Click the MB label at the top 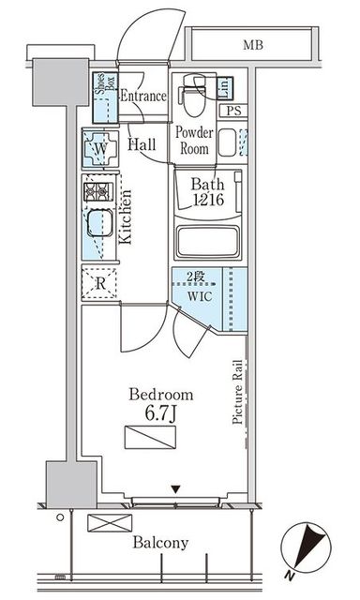(x=253, y=45)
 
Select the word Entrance (x=143, y=96)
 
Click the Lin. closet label (x=225, y=87)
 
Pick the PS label (x=233, y=111)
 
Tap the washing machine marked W (x=100, y=148)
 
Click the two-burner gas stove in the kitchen (x=98, y=191)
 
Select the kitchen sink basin (x=100, y=223)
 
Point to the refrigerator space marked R (x=100, y=283)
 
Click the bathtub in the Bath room (x=208, y=242)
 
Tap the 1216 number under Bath (x=208, y=200)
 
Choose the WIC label (x=200, y=296)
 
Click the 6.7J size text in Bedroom (x=160, y=413)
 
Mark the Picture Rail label (x=237, y=392)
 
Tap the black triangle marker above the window (x=175, y=489)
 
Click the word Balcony (x=160, y=543)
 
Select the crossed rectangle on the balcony (x=110, y=523)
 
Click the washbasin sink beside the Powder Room (x=227, y=142)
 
